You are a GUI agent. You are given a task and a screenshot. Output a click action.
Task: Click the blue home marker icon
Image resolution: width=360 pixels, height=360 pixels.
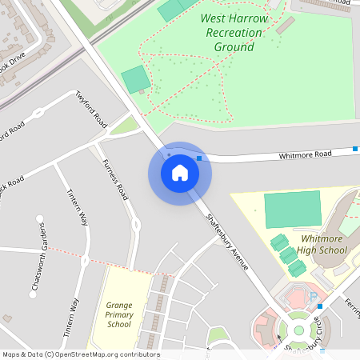(180, 172)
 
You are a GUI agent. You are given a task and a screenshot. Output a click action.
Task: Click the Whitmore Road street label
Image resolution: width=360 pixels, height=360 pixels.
(305, 154)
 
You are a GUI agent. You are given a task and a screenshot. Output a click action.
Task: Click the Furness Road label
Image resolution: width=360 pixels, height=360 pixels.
(115, 179)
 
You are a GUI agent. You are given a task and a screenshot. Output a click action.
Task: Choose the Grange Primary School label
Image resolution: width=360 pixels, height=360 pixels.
(118, 314)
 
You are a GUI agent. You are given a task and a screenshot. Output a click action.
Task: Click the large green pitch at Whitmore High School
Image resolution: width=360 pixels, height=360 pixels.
(291, 209)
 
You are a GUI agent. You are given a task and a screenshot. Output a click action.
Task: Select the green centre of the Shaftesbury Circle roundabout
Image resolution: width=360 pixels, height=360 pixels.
(298, 328)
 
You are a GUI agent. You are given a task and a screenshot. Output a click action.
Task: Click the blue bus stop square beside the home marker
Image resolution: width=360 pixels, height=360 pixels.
(198, 158)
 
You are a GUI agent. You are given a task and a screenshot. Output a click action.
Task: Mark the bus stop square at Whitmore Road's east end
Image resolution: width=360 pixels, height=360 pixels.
(355, 149)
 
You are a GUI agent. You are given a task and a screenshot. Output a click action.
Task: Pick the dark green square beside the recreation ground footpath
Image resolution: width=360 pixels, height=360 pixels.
(136, 79)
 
